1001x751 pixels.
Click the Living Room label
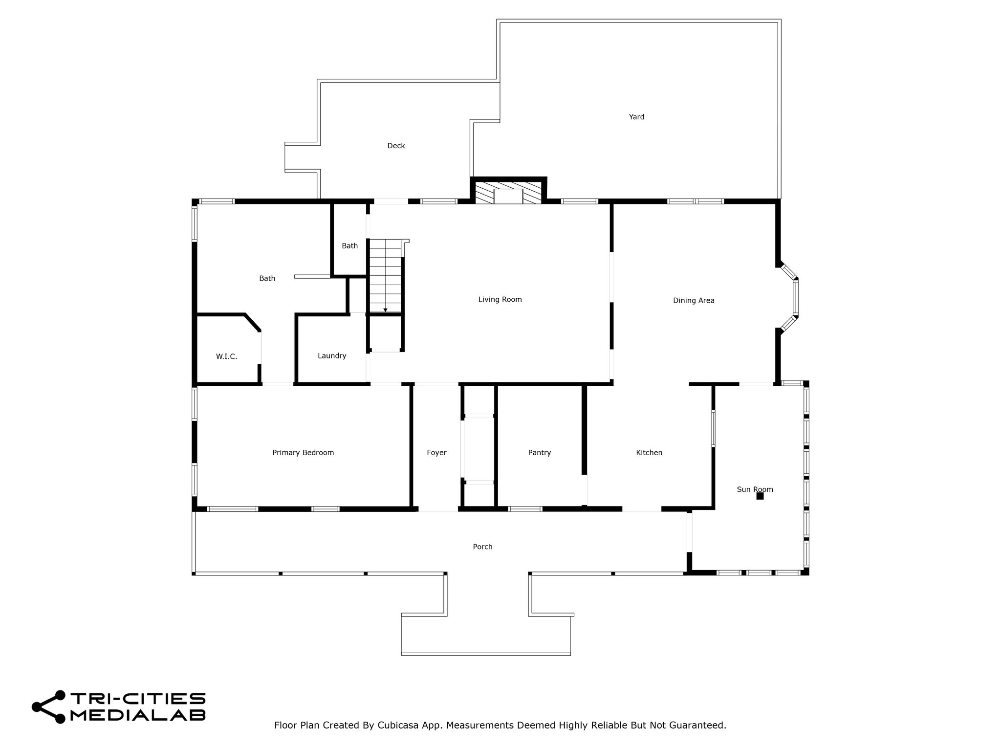tap(500, 300)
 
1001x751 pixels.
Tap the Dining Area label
tap(694, 301)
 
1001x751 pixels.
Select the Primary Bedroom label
tap(303, 453)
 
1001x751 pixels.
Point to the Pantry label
tap(540, 453)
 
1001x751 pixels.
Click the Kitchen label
tap(649, 453)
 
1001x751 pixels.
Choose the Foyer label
tap(436, 453)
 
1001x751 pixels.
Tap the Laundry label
tap(332, 356)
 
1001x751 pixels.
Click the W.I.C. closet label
tap(226, 357)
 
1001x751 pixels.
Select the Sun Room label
tap(755, 489)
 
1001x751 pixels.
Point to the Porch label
tap(482, 547)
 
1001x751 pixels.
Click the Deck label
tap(396, 146)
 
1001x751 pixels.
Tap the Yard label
tap(636, 117)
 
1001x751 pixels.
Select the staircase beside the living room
tap(386, 276)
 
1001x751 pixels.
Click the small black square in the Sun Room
tap(760, 496)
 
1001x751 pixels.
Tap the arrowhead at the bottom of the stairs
tap(385, 310)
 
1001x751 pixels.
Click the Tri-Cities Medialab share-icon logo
tap(48, 707)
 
